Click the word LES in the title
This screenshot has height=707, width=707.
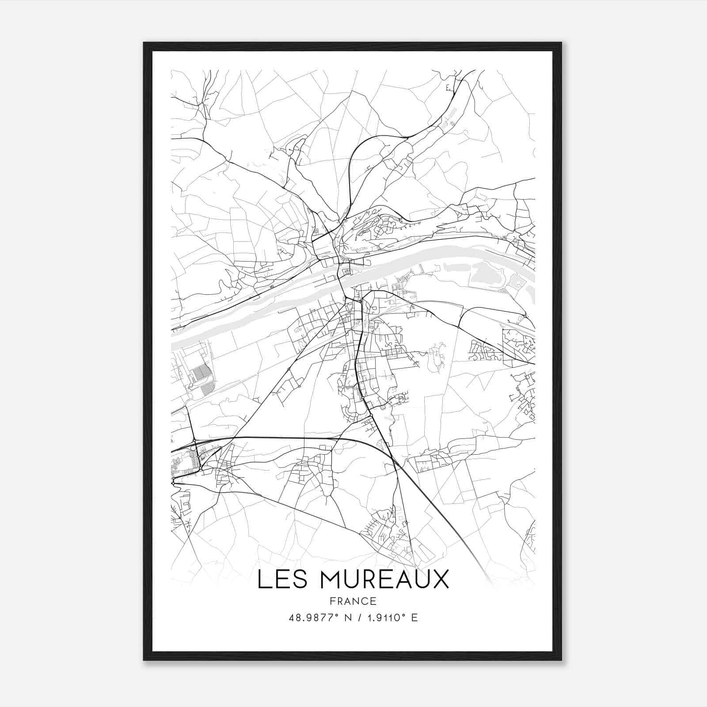tap(283, 579)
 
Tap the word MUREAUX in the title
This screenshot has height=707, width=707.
tap(384, 579)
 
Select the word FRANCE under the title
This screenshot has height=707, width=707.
tap(353, 601)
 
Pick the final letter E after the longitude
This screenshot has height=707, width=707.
tap(414, 618)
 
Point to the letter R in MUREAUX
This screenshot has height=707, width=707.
tap(376, 579)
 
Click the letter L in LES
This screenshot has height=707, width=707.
tap(263, 579)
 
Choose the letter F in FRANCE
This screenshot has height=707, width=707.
tap(332, 601)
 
